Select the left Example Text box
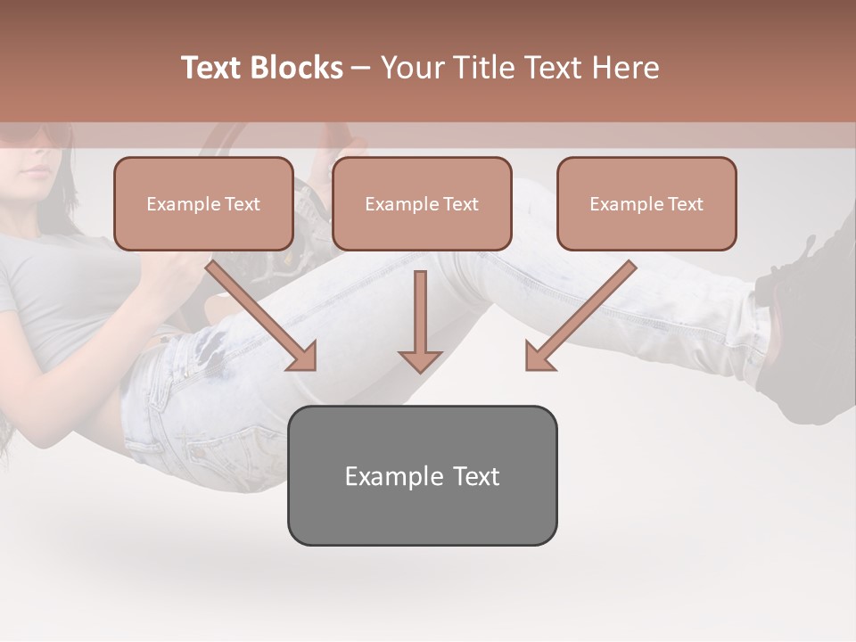click(x=203, y=204)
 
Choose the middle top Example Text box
click(x=422, y=204)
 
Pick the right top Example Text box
click(x=646, y=204)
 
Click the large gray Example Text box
click(x=422, y=476)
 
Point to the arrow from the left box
click(x=263, y=317)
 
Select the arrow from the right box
click(x=580, y=317)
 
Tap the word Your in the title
click(x=412, y=68)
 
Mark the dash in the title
click(x=361, y=69)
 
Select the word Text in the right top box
click(x=686, y=204)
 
